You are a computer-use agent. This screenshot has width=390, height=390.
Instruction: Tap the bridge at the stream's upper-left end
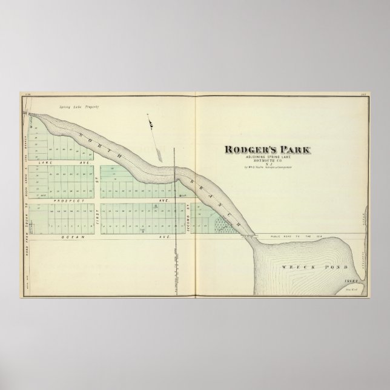point(27,113)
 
